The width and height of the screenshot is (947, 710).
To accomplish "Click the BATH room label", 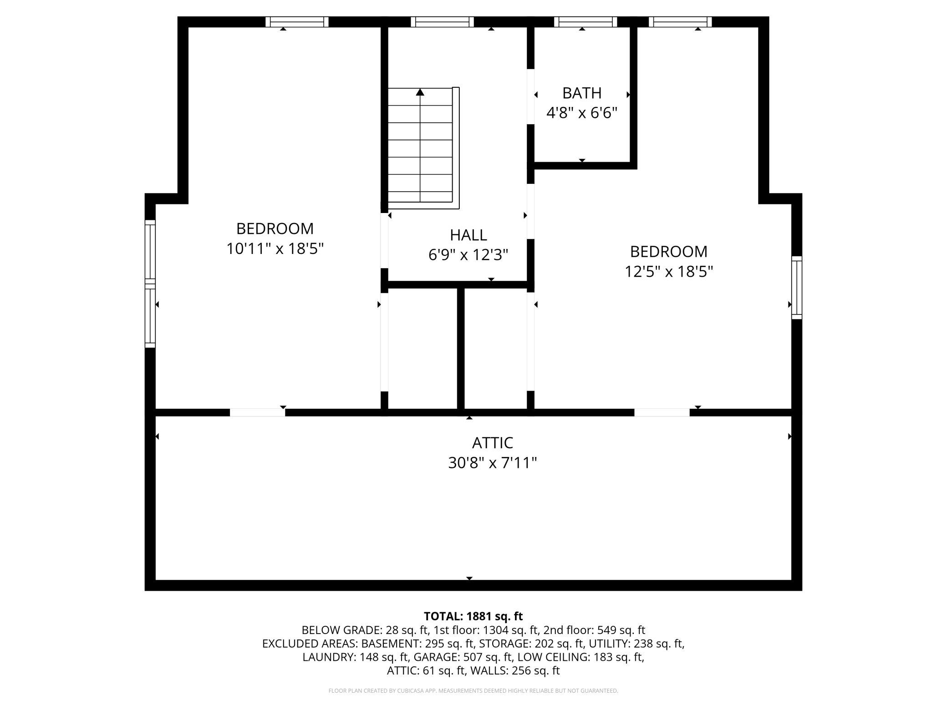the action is [582, 93].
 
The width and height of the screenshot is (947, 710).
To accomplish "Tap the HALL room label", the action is [468, 235].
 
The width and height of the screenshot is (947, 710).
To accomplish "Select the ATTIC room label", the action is [493, 442].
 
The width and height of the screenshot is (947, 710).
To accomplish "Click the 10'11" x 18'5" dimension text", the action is [275, 248].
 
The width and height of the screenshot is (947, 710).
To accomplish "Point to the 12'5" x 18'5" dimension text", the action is [668, 272].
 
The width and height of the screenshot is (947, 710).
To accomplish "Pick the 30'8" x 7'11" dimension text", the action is [493, 463].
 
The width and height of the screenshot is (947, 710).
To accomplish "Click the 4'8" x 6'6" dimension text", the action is [582, 112].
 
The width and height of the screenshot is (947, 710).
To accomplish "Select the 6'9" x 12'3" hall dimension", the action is [468, 254].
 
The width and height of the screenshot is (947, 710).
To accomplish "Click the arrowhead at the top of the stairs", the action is [420, 92].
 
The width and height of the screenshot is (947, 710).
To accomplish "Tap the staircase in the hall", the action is [423, 148].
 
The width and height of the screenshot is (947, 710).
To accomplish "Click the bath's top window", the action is [586, 22].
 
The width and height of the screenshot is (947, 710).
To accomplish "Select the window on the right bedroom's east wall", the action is [797, 287].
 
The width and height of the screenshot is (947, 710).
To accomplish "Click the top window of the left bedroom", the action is [297, 22].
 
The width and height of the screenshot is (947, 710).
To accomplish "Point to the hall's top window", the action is [442, 22].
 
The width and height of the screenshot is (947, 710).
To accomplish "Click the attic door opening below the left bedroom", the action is [257, 412].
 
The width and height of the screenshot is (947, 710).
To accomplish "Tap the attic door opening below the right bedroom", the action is [662, 412].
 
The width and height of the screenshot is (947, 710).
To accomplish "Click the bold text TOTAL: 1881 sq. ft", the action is [473, 616].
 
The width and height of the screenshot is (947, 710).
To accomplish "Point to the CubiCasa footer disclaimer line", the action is [473, 691].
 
